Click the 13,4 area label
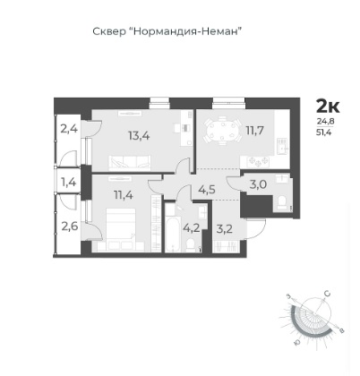(x=139, y=136)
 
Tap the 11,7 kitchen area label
(x=254, y=130)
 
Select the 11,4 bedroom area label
(x=124, y=195)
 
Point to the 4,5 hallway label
(x=207, y=190)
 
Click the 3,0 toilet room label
(x=258, y=184)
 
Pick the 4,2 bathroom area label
(x=192, y=228)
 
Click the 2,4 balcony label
(x=69, y=129)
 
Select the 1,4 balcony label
(x=69, y=182)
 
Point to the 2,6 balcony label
(x=69, y=226)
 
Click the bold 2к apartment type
(x=328, y=107)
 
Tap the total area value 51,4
(x=323, y=132)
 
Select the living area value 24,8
(x=323, y=122)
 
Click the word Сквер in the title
(x=109, y=31)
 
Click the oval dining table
(x=222, y=132)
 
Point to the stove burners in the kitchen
(x=258, y=161)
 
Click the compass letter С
(x=327, y=294)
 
